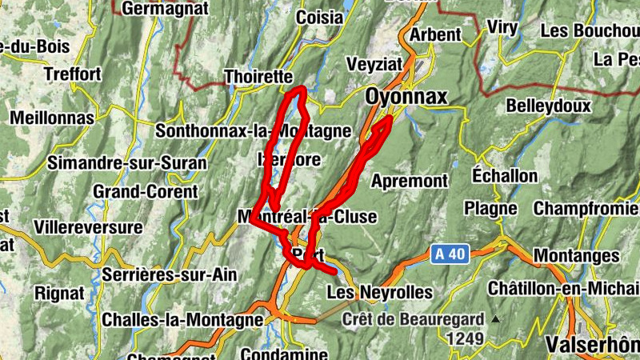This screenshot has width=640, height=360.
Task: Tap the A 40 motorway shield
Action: pos(449,254)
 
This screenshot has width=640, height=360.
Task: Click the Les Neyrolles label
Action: pos(379,292)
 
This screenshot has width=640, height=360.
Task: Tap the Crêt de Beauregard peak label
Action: pos(413,320)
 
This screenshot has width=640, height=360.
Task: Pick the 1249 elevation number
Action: pos(466,339)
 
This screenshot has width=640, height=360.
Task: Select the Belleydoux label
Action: pos(548,106)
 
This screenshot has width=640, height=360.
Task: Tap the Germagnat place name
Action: pos(166,9)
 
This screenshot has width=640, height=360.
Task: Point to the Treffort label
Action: pos(74,74)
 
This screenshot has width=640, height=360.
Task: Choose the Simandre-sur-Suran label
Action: pos(127,163)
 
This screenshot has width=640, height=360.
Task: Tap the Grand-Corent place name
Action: pos(145,192)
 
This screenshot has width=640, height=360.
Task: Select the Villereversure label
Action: pos(88,227)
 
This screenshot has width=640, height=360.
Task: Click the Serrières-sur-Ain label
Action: pos(170,274)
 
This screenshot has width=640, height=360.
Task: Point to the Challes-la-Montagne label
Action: pos(182,320)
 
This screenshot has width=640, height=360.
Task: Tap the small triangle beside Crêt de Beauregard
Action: pos(495,320)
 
